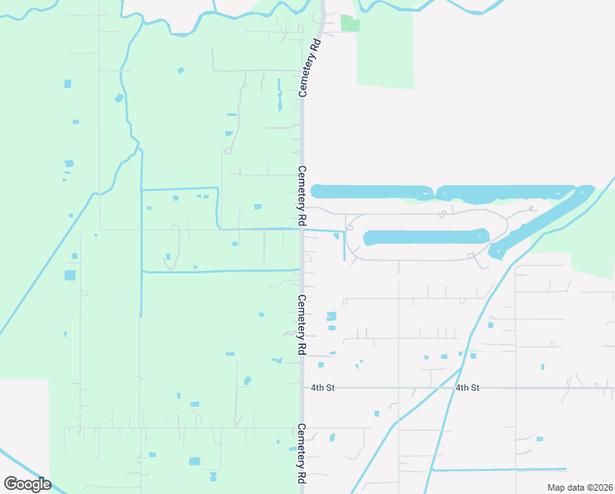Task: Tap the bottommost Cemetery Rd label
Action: coord(302,454)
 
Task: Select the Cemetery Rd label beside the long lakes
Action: coord(302,197)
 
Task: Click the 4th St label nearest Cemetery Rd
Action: coord(322,387)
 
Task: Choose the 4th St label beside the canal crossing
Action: coord(467,387)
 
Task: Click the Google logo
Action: coord(27,483)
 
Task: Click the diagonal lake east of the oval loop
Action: coord(543,221)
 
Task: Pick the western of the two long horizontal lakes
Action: coord(372,192)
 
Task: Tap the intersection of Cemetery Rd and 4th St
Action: coord(302,387)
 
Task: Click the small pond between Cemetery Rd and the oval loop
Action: coord(337,237)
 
